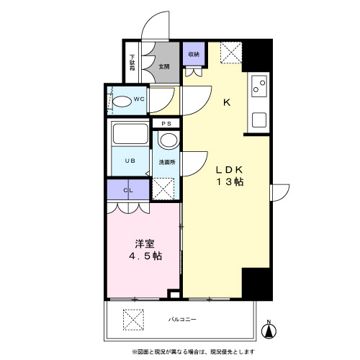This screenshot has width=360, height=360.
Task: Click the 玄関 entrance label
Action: click(x=165, y=68)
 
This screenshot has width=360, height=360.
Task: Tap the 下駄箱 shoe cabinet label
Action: click(x=132, y=63)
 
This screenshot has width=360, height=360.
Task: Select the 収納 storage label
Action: click(x=194, y=55)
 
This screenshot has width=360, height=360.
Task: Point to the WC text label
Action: click(x=139, y=100)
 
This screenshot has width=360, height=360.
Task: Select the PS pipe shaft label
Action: click(x=166, y=124)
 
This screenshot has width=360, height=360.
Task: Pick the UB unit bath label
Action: click(x=130, y=161)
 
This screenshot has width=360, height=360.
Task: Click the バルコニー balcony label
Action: click(x=184, y=318)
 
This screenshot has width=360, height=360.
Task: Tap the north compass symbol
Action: click(x=269, y=330)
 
